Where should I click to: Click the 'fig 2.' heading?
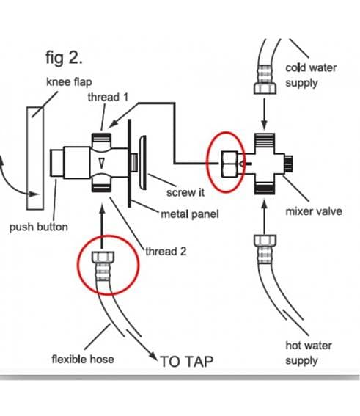pos(64,57)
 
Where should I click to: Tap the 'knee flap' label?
pos(69,81)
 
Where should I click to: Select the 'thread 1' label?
pos(108,97)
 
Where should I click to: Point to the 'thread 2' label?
pos(166,251)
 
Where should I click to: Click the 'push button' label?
pos(39,227)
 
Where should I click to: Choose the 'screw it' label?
pos(185,192)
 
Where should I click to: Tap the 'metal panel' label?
pos(190,214)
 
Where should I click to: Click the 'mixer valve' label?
pos(314,211)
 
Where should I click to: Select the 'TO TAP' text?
pos(187,362)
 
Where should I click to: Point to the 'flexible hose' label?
pos(83,360)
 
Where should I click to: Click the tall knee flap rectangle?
pos(35,158)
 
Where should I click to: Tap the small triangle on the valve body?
pos(101,163)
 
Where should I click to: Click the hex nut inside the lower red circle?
pos(103,257)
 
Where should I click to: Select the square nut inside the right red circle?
pos(229,164)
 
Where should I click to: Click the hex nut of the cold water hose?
pos(265,88)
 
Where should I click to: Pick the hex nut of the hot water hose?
pos(265,240)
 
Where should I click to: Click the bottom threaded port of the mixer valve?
pos(265,188)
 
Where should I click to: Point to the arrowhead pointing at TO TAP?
pos(153,356)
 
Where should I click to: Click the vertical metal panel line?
pos(129,163)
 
